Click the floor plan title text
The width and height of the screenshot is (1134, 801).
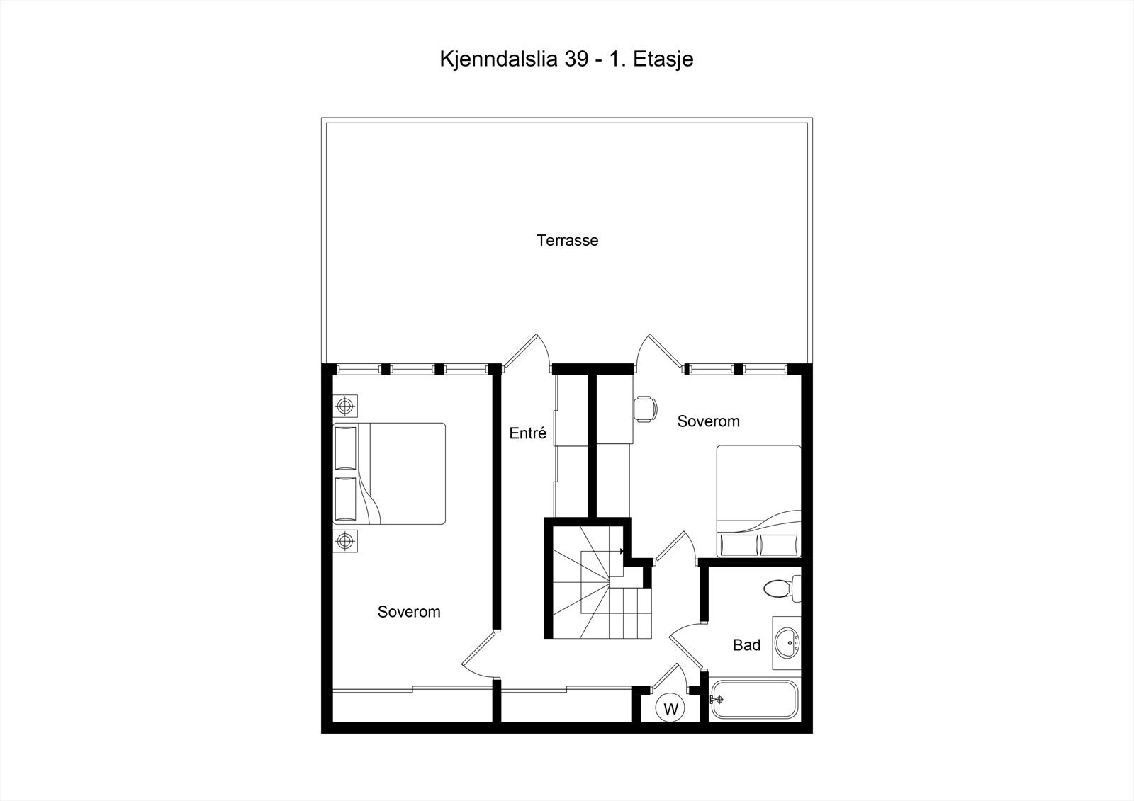point(566,59)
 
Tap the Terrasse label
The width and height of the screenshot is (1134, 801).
point(567,241)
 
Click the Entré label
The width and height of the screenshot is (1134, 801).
point(527,433)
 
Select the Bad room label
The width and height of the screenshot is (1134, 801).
point(746,645)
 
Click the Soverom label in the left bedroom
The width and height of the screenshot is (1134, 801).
point(409,612)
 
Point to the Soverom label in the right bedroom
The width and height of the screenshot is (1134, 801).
point(708,421)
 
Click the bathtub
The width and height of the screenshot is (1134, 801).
point(755,700)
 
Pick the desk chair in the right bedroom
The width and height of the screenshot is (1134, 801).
point(645,409)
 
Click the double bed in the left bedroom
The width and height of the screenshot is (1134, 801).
point(390,473)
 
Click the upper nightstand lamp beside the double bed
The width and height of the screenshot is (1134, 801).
point(345,406)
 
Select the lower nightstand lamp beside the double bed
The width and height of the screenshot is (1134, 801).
point(345,541)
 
